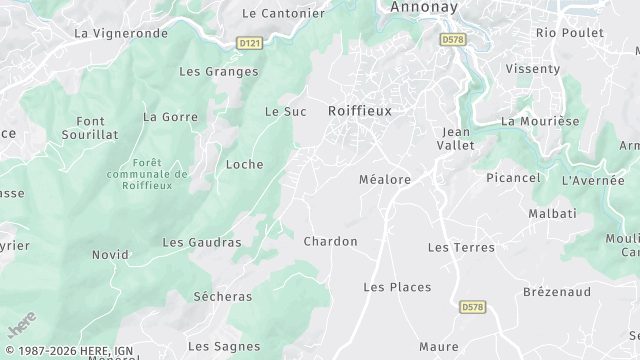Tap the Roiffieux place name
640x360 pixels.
[360, 112]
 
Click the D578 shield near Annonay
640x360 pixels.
[452, 39]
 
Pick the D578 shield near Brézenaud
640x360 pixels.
[473, 307]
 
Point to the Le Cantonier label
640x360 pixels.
[284, 14]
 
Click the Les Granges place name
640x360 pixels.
[218, 72]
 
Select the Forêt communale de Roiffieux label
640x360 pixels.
[146, 173]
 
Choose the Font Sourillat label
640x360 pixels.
[90, 126]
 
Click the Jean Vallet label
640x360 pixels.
[455, 138]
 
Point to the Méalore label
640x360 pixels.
[385, 180]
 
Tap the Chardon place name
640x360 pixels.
[330, 241]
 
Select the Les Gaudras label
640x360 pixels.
[202, 242]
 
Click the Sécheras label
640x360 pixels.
[222, 297]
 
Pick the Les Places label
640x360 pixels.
[397, 287]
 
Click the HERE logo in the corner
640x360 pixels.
[21, 326]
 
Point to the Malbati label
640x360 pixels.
[553, 214]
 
